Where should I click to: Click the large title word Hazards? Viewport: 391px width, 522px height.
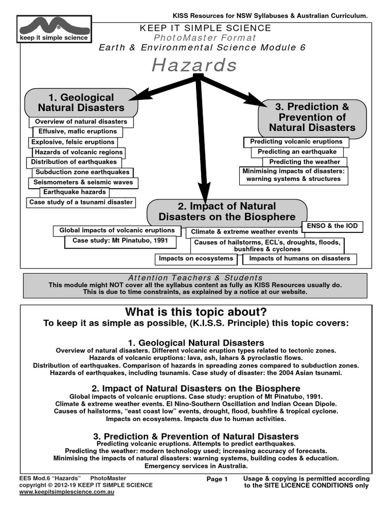click(x=194, y=65)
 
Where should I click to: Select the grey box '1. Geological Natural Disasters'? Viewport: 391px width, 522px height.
click(x=81, y=102)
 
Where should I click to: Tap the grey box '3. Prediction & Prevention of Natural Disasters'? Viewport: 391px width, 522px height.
click(x=312, y=117)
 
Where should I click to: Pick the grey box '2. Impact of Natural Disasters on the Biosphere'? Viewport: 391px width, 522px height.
click(x=227, y=212)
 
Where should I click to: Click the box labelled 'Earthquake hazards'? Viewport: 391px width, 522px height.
click(x=74, y=192)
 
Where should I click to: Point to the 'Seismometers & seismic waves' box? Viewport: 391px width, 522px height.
click(x=83, y=182)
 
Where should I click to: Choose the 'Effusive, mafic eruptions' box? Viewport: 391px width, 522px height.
click(x=77, y=131)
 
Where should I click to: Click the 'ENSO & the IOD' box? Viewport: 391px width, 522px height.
click(x=332, y=226)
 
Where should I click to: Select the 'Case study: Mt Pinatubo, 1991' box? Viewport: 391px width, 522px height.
click(x=116, y=241)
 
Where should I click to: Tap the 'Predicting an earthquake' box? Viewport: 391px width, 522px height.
click(x=297, y=152)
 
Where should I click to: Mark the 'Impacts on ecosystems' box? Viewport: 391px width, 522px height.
click(x=196, y=258)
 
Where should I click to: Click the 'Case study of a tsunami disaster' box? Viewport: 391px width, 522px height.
click(x=81, y=202)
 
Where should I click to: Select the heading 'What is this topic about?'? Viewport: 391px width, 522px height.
click(x=196, y=312)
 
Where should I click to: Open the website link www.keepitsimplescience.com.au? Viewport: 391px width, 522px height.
click(x=67, y=492)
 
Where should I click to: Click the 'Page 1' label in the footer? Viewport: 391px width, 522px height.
click(x=217, y=479)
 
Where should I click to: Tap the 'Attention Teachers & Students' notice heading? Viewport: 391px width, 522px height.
click(x=195, y=278)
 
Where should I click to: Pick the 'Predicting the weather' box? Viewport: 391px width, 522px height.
click(x=304, y=162)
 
